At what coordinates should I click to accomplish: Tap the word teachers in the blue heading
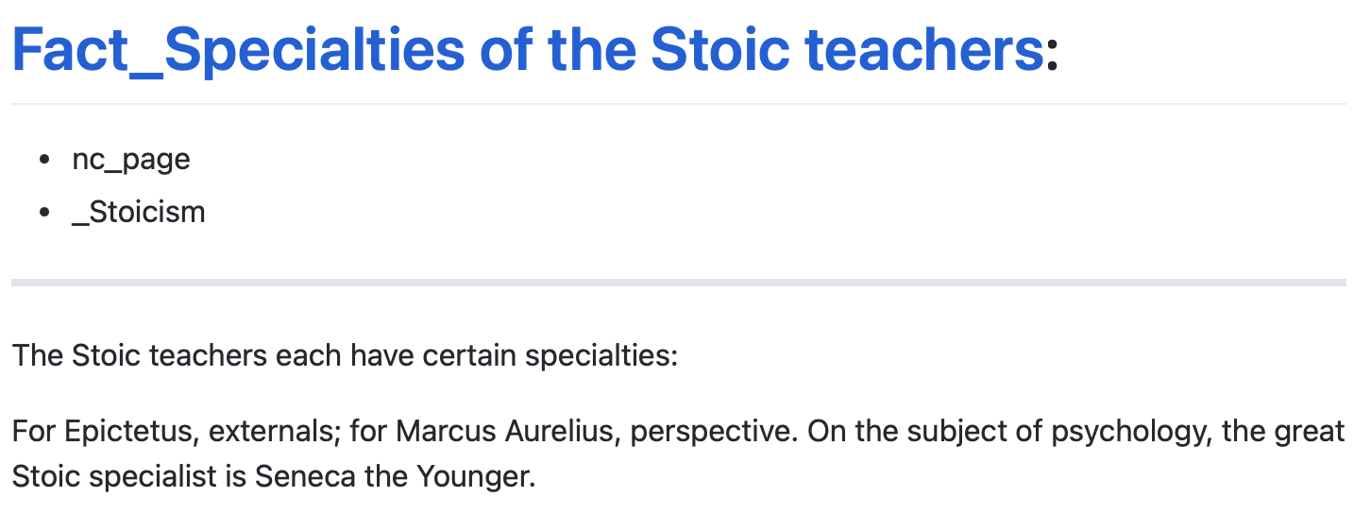(x=923, y=49)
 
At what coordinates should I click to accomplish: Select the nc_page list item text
(x=131, y=161)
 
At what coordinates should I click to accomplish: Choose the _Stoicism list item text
(x=139, y=213)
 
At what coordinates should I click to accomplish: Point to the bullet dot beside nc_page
(x=44, y=160)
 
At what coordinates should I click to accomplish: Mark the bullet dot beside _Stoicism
(x=44, y=213)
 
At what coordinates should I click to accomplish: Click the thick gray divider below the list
(x=678, y=283)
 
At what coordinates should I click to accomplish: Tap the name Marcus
(x=446, y=432)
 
